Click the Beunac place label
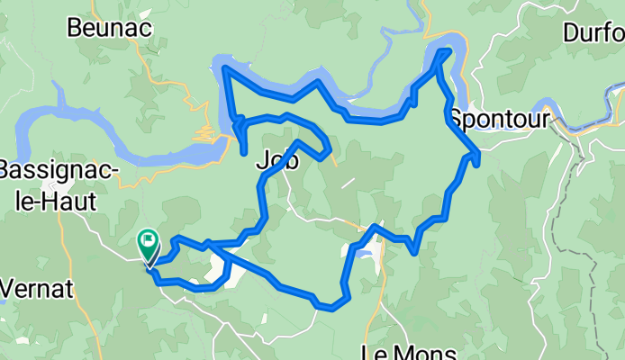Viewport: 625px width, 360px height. point(110,28)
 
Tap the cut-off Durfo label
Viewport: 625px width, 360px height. point(593,33)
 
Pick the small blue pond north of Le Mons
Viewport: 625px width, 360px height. point(363,254)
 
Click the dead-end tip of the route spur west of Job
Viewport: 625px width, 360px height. point(246,154)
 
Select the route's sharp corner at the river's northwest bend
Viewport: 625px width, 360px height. point(224,67)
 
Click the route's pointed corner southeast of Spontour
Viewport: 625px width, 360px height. point(476,157)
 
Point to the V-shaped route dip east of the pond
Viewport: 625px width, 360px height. point(413,251)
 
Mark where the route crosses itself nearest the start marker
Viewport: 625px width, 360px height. point(209,244)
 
